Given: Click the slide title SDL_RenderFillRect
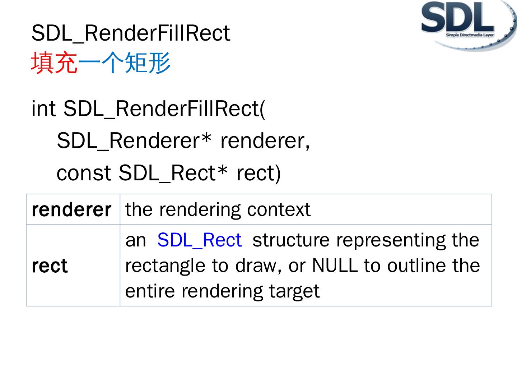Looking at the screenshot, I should [x=130, y=33].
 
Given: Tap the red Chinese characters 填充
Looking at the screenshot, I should [x=54, y=63].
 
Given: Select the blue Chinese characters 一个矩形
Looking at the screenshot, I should [x=124, y=63].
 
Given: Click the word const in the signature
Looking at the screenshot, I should [x=84, y=173].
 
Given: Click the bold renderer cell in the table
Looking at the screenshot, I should [x=71, y=210].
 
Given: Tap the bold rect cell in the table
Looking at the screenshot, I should [x=50, y=266].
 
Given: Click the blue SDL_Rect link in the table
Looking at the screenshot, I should [x=200, y=240].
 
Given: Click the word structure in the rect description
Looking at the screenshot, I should [x=291, y=240].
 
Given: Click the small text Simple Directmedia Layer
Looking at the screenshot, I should [x=470, y=35].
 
